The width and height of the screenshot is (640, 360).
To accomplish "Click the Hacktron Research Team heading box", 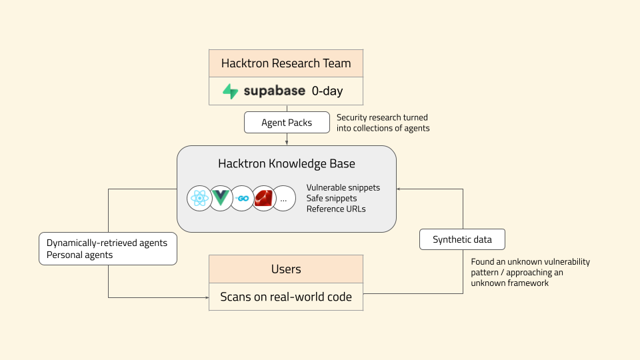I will [286, 64].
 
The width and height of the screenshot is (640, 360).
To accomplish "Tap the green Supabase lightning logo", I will [231, 91].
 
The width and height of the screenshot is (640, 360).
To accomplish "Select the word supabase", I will [274, 91].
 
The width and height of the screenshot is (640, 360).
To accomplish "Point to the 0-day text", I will [327, 91].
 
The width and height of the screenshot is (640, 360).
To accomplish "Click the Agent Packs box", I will [287, 123].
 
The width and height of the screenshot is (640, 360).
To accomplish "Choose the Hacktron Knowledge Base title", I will [287, 164].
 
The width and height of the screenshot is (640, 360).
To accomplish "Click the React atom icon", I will [199, 198].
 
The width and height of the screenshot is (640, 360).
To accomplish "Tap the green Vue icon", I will [221, 198].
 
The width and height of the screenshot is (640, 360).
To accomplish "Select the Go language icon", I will [242, 198].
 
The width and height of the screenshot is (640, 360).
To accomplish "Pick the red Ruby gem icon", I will [263, 198].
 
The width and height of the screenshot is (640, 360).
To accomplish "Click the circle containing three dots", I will [284, 198].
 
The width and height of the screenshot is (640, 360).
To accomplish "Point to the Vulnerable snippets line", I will [343, 187].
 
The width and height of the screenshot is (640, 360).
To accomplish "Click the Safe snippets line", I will [331, 198].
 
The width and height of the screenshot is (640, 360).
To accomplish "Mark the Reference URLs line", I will [336, 209].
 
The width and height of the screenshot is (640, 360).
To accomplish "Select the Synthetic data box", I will [462, 239].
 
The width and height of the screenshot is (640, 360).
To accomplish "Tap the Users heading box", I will [286, 269].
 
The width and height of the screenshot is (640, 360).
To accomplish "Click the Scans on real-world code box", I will [286, 297].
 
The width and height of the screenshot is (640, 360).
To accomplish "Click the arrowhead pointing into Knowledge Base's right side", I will [399, 189].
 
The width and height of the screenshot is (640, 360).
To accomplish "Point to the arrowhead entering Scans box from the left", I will [206, 297].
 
